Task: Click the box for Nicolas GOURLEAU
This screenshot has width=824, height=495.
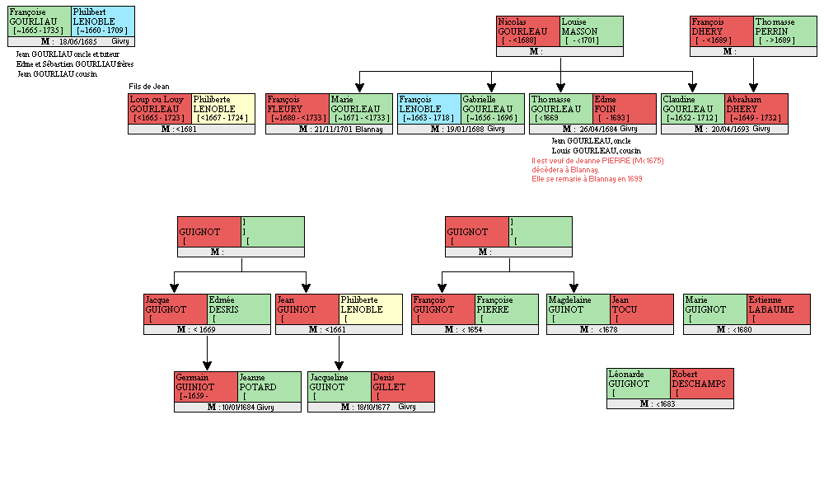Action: [527, 31]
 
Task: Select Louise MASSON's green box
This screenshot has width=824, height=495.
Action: [591, 31]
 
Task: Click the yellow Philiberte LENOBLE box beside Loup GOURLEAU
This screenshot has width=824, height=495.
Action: [223, 109]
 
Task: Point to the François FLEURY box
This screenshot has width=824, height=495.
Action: [297, 109]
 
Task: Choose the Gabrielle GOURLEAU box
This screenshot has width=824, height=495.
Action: [491, 109]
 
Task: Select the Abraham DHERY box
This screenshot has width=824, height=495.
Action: [756, 109]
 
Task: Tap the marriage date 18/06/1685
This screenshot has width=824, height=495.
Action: [78, 41]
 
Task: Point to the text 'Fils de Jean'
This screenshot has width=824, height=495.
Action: [149, 87]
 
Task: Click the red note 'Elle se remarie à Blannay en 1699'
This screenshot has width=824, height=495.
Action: [587, 178]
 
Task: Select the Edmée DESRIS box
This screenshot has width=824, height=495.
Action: [238, 309]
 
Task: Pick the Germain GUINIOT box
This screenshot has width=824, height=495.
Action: [205, 387]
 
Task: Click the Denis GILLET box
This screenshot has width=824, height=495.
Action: [402, 387]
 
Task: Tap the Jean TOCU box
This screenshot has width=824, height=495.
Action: [641, 309]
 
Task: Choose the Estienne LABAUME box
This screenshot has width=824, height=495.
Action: [778, 309]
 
